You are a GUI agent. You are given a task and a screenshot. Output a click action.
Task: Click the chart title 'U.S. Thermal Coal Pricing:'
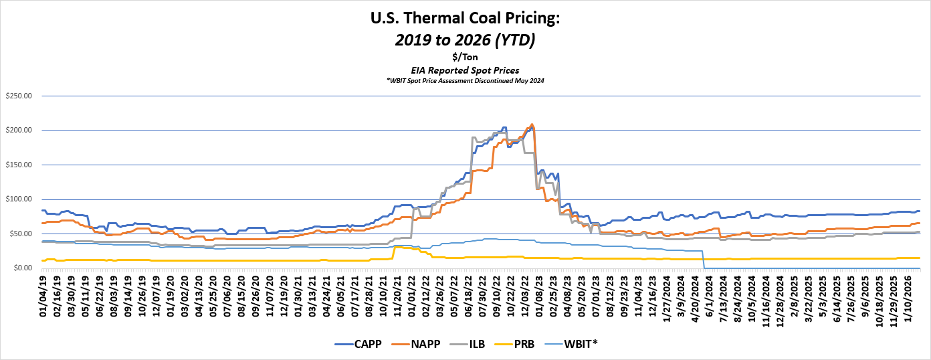click(x=465, y=19)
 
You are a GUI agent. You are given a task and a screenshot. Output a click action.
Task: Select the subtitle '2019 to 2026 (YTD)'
click(x=465, y=40)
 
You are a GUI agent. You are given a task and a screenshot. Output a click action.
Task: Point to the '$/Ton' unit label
click(x=465, y=57)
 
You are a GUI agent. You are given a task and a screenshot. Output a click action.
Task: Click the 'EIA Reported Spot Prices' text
click(x=465, y=70)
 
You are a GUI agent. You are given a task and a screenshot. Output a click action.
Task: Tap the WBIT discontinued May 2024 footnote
click(x=465, y=80)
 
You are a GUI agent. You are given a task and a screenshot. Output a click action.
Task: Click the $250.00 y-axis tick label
click(x=18, y=96)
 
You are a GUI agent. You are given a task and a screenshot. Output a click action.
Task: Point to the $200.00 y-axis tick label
click(x=18, y=130)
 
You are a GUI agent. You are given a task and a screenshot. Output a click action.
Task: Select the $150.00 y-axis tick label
click(x=18, y=165)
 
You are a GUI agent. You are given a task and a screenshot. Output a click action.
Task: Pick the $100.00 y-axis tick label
click(x=18, y=199)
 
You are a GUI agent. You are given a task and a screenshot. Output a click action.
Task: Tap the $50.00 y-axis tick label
click(x=20, y=234)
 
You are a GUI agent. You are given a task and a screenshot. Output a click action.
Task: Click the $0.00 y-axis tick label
click(x=22, y=268)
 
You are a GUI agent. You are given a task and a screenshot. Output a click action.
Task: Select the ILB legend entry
click(x=470, y=344)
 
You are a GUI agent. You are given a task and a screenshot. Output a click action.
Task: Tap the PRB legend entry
click(x=520, y=344)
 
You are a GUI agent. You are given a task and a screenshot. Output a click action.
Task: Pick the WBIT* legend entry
click(x=575, y=344)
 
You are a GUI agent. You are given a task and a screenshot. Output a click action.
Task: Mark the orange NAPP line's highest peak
click(x=532, y=124)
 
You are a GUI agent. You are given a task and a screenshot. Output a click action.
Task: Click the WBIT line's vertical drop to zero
click(x=704, y=260)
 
